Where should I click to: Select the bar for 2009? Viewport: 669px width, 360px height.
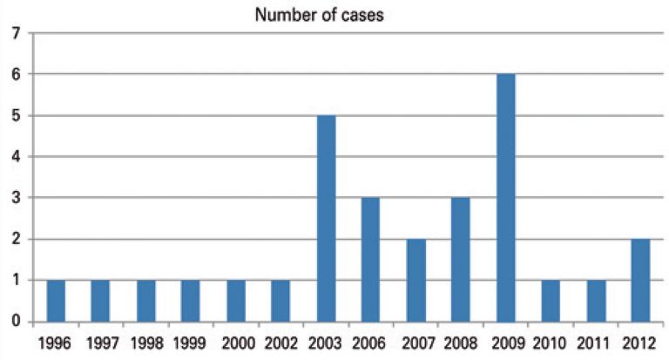(x=505, y=198)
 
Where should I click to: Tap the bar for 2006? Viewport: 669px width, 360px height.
(x=371, y=260)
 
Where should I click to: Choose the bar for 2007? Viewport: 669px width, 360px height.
(x=416, y=280)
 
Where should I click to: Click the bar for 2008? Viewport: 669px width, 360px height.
(x=461, y=260)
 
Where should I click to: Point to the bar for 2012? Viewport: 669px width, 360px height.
(x=639, y=280)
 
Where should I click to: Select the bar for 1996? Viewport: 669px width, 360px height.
(x=56, y=301)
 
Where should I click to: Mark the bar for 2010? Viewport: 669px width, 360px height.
(x=551, y=301)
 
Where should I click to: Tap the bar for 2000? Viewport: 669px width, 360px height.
(x=236, y=301)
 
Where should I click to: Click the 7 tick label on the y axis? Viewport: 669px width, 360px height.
(x=15, y=34)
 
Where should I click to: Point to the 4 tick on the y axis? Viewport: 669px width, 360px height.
(x=15, y=157)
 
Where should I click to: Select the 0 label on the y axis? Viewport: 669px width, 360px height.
(x=15, y=322)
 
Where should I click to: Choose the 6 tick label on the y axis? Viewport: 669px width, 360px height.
(x=15, y=75)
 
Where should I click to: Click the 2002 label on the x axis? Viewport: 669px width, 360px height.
(x=280, y=341)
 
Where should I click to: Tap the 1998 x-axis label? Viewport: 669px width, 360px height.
(x=145, y=341)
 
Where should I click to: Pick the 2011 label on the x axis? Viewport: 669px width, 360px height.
(x=595, y=341)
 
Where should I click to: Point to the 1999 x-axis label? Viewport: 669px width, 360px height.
(x=191, y=341)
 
